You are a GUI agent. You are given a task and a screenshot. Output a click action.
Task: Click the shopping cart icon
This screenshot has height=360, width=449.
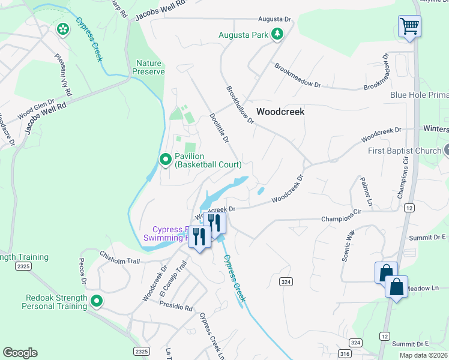[x=409, y=26]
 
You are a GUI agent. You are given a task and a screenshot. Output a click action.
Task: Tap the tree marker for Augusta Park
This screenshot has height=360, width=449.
[x=277, y=35]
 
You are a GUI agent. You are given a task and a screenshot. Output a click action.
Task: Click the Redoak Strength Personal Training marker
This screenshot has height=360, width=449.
[x=96, y=302]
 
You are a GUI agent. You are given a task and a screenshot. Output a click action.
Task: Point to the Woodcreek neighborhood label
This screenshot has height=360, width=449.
[x=280, y=112]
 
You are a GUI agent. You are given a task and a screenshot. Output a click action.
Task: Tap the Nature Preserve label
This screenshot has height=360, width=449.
[x=150, y=67]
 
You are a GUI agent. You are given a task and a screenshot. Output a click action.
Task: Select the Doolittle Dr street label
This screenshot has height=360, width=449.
[x=219, y=128]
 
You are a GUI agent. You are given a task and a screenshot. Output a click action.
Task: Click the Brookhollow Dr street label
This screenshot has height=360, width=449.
[x=240, y=105]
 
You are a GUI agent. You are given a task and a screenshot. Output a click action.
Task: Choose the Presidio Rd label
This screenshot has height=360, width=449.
[x=176, y=307]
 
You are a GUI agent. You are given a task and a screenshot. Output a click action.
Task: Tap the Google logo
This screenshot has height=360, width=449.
[x=20, y=353]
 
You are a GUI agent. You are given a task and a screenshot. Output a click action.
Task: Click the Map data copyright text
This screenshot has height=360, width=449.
[x=423, y=355]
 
